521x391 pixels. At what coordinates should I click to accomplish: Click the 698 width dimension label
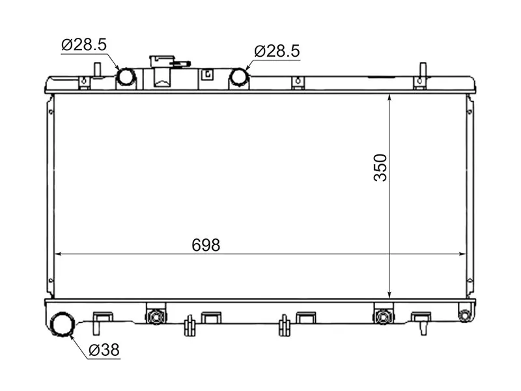[206, 246]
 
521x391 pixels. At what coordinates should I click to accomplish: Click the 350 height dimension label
[380, 167]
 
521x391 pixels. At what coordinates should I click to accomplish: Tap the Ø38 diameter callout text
[104, 350]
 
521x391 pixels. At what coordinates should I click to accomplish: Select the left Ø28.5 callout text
[84, 44]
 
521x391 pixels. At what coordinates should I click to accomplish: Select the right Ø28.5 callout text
[277, 51]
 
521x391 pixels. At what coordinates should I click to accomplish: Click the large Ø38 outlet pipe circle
[63, 324]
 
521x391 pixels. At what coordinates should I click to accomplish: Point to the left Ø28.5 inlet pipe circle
[126, 76]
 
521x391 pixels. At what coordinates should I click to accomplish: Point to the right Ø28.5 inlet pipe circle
[239, 76]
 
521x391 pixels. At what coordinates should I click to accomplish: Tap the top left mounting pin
[97, 70]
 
